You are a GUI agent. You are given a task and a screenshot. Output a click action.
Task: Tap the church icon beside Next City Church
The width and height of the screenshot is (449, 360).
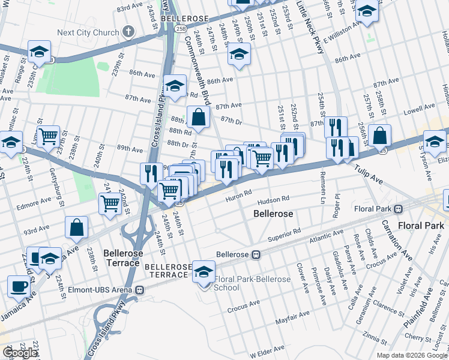point(128,31)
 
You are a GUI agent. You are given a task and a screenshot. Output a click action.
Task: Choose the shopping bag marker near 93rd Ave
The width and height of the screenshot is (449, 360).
point(77,227)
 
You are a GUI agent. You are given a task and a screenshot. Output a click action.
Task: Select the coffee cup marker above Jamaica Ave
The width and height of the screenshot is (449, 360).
point(19,286)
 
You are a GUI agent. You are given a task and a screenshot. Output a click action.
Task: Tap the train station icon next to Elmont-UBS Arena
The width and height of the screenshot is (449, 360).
point(140,290)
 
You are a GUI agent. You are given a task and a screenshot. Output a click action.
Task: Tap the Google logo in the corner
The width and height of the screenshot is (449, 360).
point(20,353)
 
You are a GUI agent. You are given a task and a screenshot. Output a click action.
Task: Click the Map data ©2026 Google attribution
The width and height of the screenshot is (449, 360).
point(412,355)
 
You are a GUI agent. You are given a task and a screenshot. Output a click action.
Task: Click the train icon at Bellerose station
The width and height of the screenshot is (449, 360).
point(256,254)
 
